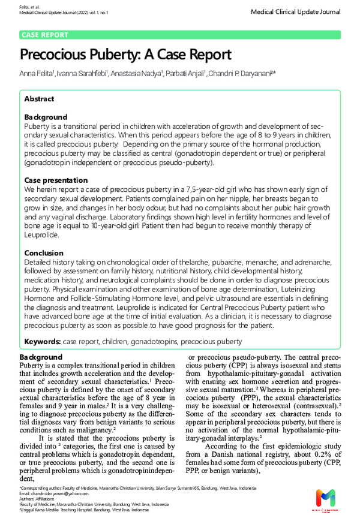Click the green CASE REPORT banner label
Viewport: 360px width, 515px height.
(45, 35)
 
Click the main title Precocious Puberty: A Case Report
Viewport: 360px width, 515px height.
(125, 55)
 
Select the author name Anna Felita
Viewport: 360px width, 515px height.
(37, 74)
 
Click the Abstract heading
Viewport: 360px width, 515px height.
(39, 98)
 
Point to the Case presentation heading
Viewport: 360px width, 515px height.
(56, 180)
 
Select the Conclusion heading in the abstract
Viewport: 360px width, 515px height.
(44, 253)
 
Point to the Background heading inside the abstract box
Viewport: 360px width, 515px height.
(46, 117)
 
